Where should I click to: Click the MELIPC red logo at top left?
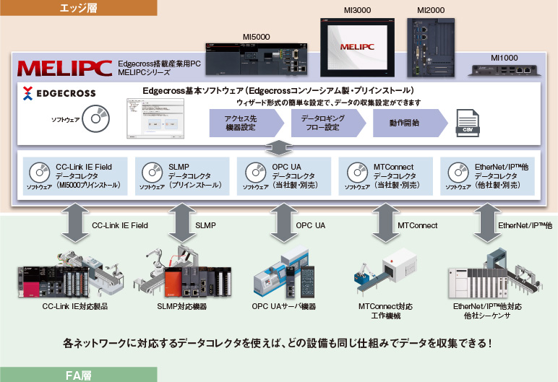point(64,69)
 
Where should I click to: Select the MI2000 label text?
point(431,10)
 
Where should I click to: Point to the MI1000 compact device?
point(505,70)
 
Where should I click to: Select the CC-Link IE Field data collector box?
point(74,175)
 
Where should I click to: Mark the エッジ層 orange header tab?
point(78,8)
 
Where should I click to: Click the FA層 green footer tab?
point(78,375)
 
